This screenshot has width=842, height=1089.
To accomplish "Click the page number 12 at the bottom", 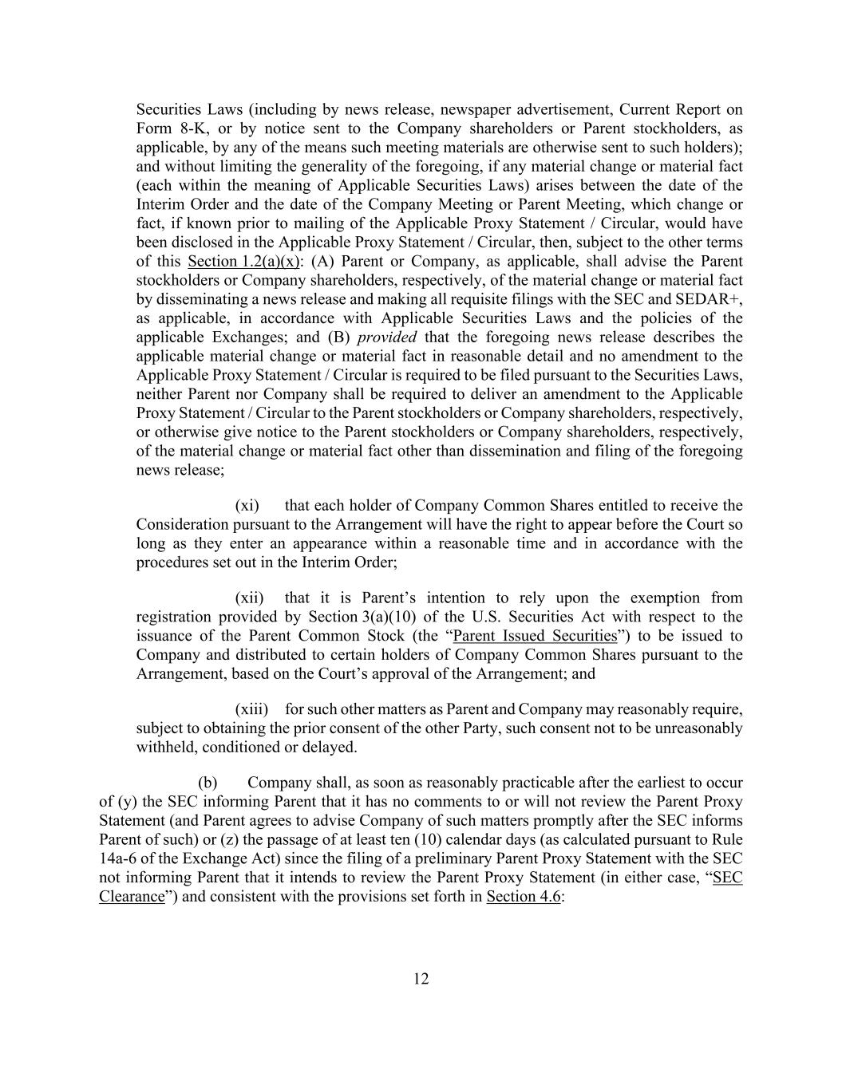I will point(421,979).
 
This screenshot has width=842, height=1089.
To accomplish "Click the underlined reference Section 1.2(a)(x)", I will point(243,262).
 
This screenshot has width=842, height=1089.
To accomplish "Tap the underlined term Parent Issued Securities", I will point(535,636).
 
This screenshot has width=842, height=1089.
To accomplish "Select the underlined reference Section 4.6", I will point(523,896).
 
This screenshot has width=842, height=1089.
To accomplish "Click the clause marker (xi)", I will point(247,505).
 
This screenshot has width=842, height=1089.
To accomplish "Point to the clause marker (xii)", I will point(249,598).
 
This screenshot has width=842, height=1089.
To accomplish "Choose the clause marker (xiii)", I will point(251,709).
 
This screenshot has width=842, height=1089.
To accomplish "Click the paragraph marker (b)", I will point(208,782).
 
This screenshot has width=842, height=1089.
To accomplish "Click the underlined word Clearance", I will point(131,896).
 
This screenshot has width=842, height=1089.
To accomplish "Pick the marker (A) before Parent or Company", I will point(320,262).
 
